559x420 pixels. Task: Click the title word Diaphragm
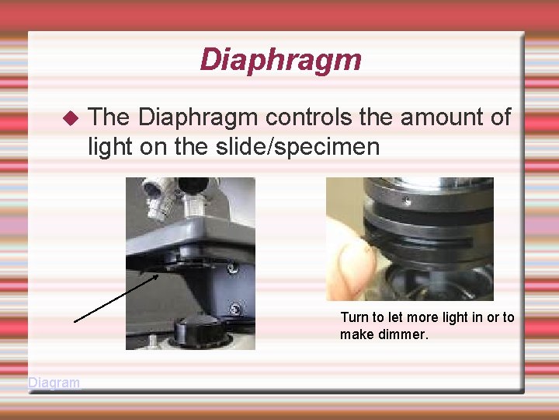point(280,60)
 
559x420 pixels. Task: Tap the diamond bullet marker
point(71,119)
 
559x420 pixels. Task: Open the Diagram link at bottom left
point(54,383)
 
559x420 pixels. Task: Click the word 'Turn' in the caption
point(354,317)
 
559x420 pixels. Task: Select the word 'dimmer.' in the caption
point(404,334)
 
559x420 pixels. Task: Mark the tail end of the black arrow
point(75,320)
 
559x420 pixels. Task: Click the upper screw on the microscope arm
point(231,271)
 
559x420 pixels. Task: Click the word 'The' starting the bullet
point(109,117)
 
